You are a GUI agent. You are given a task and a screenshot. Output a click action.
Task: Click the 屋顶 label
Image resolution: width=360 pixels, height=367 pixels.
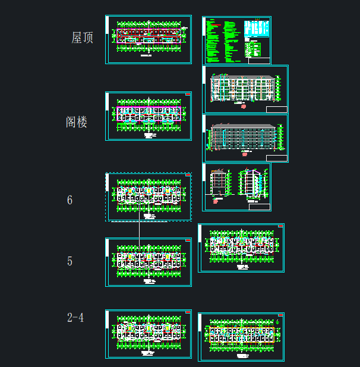click(83, 38)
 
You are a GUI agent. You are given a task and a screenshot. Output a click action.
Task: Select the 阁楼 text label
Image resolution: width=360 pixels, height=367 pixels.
click(77, 122)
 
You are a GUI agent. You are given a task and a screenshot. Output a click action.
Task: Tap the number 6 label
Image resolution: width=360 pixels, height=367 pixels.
click(70, 200)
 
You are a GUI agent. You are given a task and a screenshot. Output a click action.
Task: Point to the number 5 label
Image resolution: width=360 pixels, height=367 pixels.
click(70, 261)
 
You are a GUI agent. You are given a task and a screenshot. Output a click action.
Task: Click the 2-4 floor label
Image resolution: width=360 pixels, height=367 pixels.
click(75, 318)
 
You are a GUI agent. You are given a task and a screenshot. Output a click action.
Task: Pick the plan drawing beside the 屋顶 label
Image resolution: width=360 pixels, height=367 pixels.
click(149, 39)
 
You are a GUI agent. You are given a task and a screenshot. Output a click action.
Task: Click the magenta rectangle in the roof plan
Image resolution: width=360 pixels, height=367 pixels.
click(149, 36)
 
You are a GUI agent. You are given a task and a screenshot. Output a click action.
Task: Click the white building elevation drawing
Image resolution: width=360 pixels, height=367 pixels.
click(245, 89)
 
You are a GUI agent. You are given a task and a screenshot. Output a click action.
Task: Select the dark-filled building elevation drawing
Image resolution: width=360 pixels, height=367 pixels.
click(245, 138)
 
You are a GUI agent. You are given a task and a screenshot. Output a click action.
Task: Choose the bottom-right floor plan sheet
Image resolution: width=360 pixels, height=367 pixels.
click(241, 337)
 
